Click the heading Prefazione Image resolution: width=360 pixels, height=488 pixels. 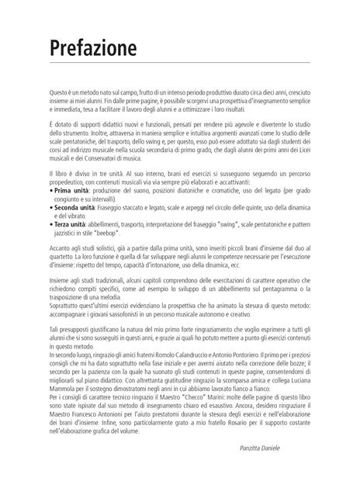coord(92,48)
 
